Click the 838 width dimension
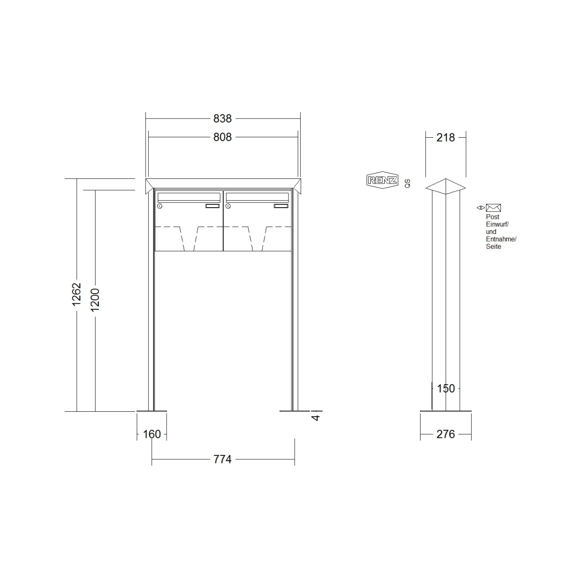point(222,118)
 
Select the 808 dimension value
point(222,137)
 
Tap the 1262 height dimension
point(76,294)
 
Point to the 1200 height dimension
point(95,300)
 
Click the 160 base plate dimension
point(152,434)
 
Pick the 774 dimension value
point(222,459)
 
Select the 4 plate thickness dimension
point(316,417)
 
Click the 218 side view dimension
point(445,137)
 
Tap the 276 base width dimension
point(445,434)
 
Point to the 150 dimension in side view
point(446,389)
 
